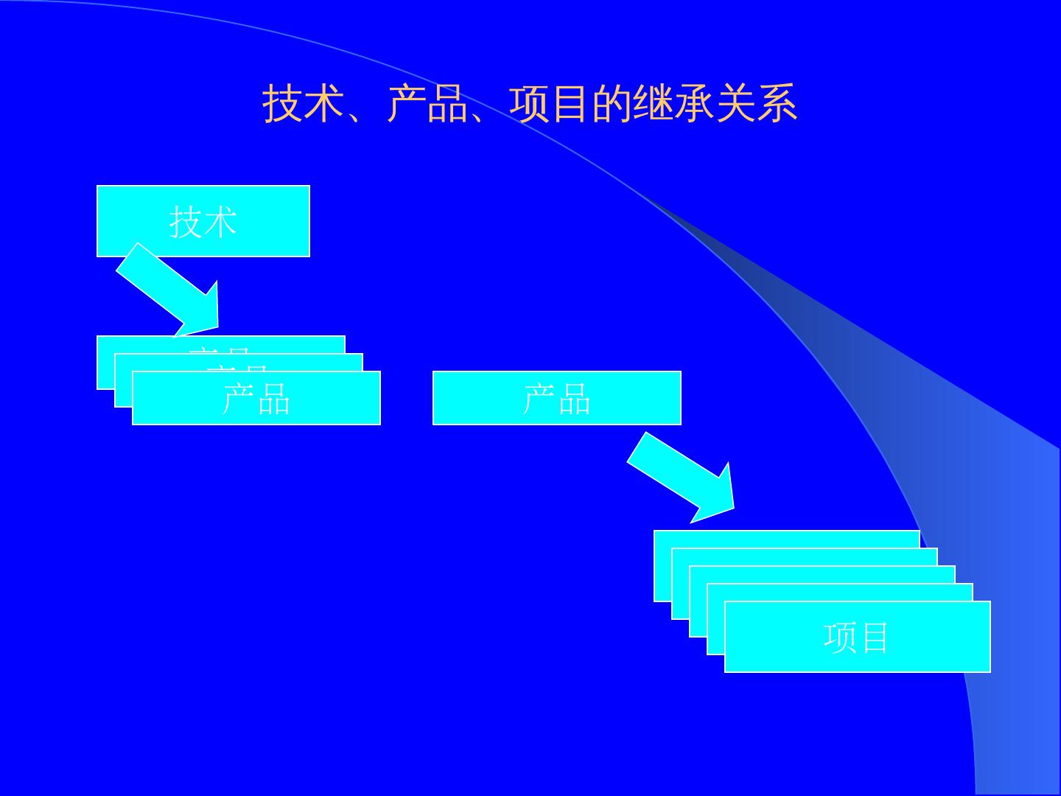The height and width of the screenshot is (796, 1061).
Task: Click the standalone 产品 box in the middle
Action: point(556,398)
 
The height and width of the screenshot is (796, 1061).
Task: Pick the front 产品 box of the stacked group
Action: point(256,399)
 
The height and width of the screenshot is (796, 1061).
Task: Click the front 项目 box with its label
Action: point(857,638)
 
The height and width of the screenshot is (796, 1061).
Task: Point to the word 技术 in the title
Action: point(304,104)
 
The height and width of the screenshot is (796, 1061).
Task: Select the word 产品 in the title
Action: point(427,104)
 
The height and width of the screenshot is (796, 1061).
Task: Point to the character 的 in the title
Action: point(612,104)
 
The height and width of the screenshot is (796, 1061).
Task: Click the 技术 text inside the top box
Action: point(203,221)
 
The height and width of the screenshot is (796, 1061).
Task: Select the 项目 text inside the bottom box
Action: point(857,638)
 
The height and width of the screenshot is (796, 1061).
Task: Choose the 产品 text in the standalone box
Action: point(556,398)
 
